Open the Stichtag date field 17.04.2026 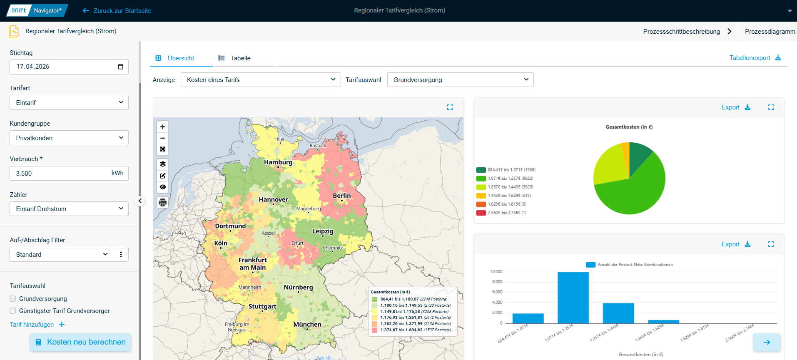click(69, 67)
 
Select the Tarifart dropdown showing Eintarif click(69, 102)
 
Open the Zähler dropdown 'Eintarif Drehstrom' click(69, 209)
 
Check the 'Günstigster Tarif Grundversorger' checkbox click(13, 311)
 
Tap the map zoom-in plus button click(163, 127)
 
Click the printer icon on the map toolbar click(163, 203)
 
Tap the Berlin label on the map click(342, 196)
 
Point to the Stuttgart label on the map click(262, 307)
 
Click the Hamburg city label click(278, 162)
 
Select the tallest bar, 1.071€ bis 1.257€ click(573, 298)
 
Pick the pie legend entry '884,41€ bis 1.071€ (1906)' click(506, 170)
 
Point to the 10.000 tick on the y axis click(496, 272)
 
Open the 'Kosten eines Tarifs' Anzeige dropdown click(261, 80)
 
